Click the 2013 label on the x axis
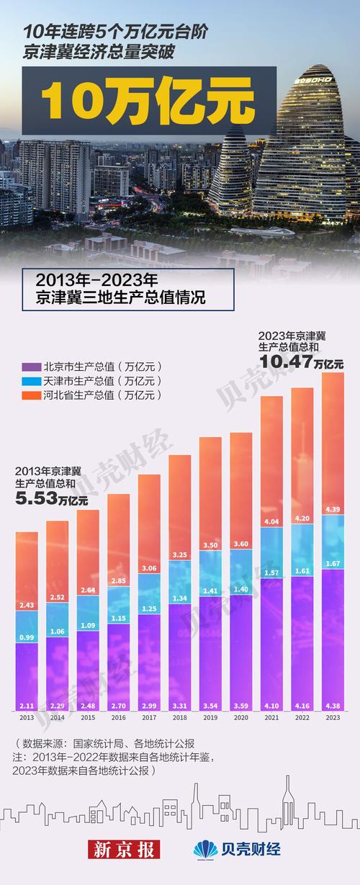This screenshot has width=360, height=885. click(x=27, y=717)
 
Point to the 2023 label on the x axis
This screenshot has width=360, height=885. click(x=333, y=717)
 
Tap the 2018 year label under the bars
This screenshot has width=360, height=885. click(x=179, y=717)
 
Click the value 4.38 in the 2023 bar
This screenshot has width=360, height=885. click(x=333, y=706)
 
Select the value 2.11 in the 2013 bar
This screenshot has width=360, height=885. click(x=27, y=706)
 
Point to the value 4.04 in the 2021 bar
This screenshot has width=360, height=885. click(x=271, y=521)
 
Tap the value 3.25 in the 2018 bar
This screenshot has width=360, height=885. click(x=179, y=554)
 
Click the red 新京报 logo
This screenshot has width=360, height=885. click(x=123, y=849)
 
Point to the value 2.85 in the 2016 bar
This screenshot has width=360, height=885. click(x=118, y=580)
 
